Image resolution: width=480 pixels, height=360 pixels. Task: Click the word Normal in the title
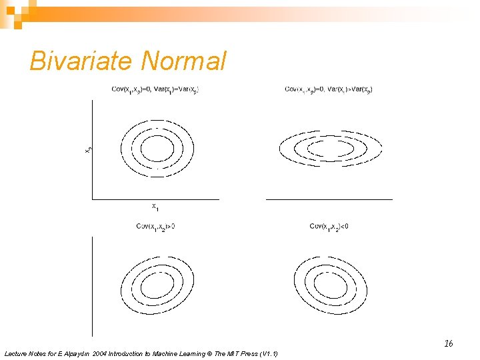point(184,61)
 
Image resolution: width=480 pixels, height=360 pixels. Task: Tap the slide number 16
point(449,343)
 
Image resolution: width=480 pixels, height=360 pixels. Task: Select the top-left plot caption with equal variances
point(155,89)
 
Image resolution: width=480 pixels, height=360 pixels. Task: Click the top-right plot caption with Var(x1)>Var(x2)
point(328,89)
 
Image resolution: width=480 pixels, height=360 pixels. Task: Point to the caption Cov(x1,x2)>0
point(155,227)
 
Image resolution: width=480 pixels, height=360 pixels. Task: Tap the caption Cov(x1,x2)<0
point(329,227)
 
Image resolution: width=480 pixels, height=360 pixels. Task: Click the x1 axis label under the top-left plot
point(155,206)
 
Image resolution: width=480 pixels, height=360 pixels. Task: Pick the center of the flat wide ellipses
point(331,147)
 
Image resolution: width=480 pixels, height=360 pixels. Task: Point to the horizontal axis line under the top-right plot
point(329,199)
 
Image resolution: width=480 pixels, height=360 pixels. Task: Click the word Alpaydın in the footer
point(73,353)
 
